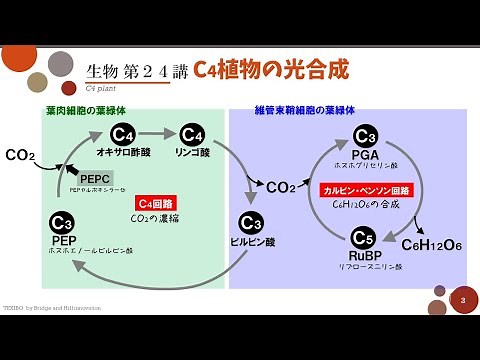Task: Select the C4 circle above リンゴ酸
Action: tap(192, 134)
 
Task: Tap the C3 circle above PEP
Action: tap(62, 223)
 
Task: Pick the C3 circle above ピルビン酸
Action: tap(251, 223)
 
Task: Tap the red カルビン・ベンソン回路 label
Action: tap(365, 189)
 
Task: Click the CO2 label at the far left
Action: tap(20, 155)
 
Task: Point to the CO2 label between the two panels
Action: tap(282, 186)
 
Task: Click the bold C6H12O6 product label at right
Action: tap(431, 245)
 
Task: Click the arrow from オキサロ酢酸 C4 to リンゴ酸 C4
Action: tap(157, 134)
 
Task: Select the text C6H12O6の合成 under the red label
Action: tap(365, 205)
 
